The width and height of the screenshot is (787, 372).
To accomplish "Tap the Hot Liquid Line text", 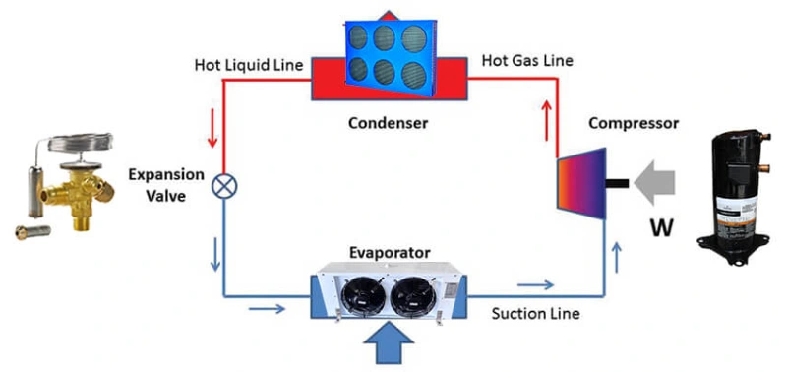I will tap(250, 64).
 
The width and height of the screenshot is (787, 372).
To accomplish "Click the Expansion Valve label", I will tap(165, 184).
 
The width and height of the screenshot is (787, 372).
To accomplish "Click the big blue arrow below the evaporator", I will tap(390, 343).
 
